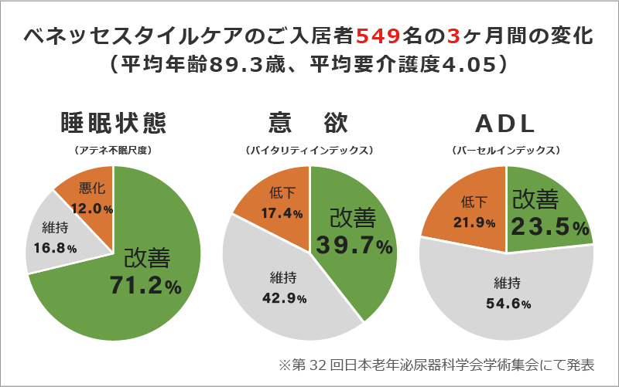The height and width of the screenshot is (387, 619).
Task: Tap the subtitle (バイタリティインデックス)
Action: click(309, 148)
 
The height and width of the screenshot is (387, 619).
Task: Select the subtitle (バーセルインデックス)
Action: click(506, 148)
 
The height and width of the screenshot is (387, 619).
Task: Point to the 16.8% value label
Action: click(56, 248)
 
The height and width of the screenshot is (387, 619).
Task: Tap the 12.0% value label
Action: click(92, 209)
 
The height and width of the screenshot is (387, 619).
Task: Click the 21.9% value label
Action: click(474, 222)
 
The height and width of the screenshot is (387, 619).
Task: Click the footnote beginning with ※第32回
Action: click(437, 364)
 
